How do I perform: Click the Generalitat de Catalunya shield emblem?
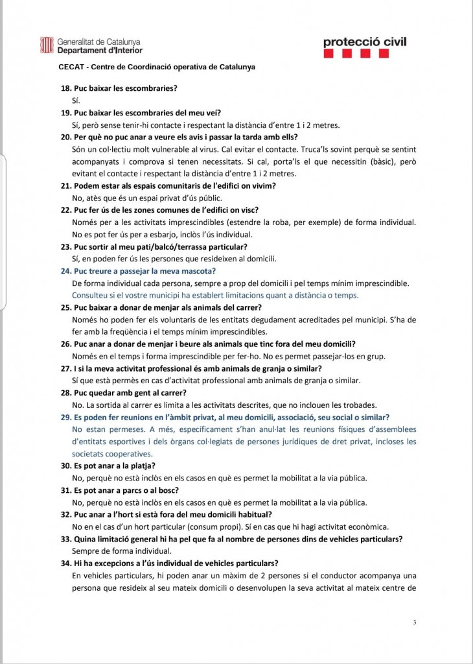click(x=47, y=45)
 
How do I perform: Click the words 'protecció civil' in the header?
click(x=365, y=42)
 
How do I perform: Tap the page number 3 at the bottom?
click(x=414, y=622)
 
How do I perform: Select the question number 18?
click(x=65, y=88)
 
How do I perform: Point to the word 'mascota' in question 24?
click(x=198, y=270)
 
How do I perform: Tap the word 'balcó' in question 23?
click(x=138, y=246)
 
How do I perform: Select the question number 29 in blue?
click(x=65, y=417)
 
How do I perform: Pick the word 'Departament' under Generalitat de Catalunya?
click(x=79, y=50)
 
